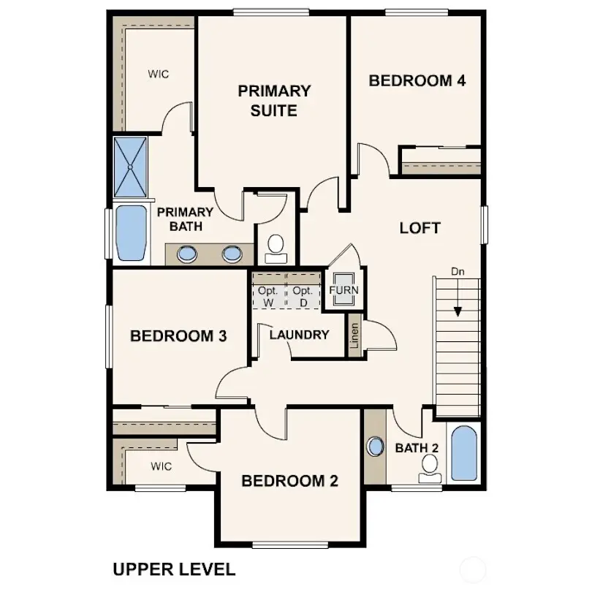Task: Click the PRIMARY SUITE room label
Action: pos(274,101)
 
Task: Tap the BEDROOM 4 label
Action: pos(417,80)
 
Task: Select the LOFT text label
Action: pos(420,228)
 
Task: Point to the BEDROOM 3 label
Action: pos(178,336)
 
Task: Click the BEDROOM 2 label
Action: pos(289,481)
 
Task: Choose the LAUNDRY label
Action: pos(299,335)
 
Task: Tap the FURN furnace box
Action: pos(344,290)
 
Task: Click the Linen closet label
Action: pos(354,339)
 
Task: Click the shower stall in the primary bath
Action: pos(130,167)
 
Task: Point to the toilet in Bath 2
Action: pos(430,468)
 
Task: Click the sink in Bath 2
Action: pos(375,446)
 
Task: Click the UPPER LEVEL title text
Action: pos(173,569)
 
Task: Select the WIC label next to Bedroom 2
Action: pos(163,466)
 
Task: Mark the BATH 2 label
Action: pos(416,447)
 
